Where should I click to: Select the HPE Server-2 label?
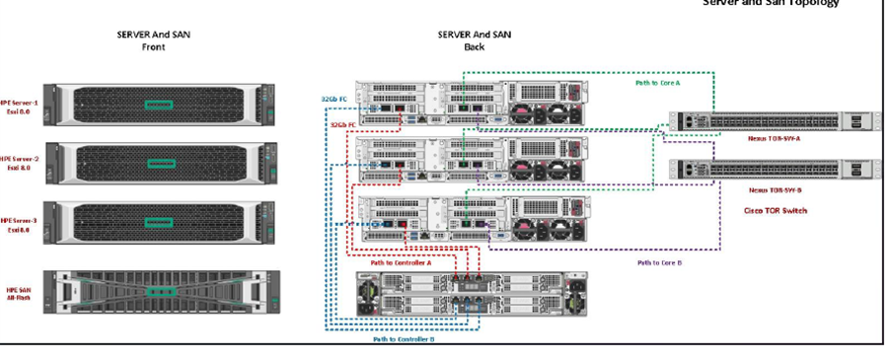(20, 162)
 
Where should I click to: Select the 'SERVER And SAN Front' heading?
(153, 38)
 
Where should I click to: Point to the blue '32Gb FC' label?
(333, 99)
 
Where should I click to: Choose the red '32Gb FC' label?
(341, 125)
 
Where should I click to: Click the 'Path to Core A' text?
(658, 83)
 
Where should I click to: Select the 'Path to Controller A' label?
(399, 262)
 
